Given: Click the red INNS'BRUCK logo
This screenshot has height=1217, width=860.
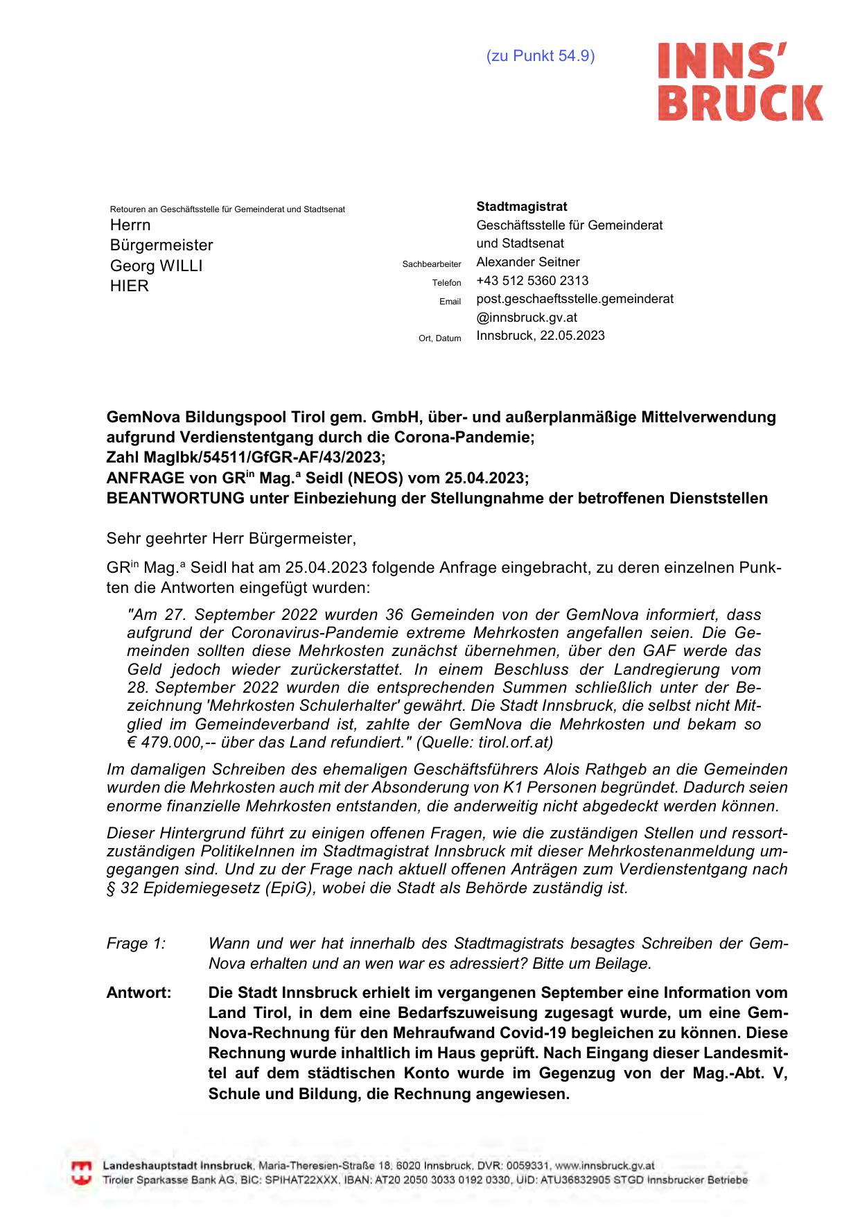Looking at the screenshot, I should (740, 82).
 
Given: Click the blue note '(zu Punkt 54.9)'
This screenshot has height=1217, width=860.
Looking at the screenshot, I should (541, 56).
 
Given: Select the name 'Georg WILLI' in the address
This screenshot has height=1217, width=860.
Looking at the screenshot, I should (156, 266).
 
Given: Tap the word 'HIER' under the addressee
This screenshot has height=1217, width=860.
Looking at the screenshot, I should (130, 286).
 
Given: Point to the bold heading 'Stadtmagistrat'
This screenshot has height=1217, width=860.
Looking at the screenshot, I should (521, 207).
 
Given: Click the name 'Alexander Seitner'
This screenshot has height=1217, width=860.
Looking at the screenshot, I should (528, 262).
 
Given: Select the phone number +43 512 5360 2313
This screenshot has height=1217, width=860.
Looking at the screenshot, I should (532, 281).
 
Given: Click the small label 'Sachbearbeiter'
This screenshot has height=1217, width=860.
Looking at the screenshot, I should (432, 264).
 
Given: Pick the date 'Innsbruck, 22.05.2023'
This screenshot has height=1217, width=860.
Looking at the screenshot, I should (541, 336).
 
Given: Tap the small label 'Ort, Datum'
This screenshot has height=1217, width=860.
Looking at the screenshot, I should (439, 338).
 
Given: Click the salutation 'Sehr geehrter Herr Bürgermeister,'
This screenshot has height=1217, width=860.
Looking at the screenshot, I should (231, 538).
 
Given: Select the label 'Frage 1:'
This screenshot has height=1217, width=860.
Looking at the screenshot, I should (136, 944).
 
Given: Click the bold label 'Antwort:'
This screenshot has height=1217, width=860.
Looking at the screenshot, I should (139, 993).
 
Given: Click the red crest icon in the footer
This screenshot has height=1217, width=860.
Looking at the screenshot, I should (82, 1173).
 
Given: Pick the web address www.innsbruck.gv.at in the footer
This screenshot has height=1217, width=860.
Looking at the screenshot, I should (605, 1166).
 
